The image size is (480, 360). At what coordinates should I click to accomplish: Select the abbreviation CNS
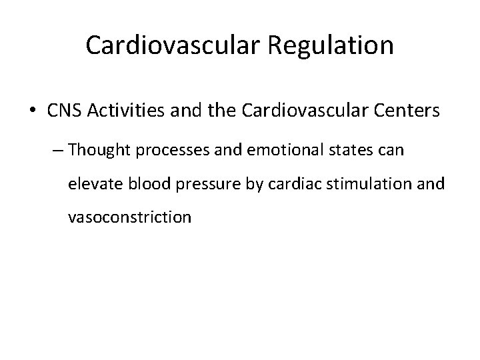pos(64,111)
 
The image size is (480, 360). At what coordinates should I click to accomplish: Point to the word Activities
pos(120,111)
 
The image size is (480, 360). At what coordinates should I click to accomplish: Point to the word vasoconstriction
pos(129,217)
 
